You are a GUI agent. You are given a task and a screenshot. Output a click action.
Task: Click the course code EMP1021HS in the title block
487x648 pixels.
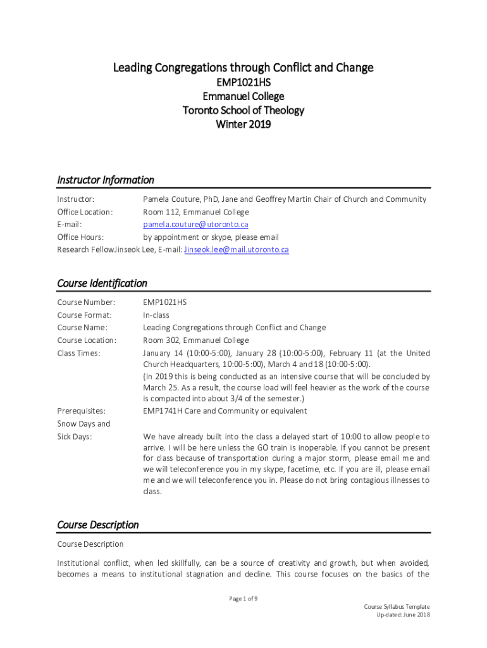coord(243,82)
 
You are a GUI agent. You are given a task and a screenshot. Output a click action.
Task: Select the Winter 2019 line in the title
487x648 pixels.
coord(243,125)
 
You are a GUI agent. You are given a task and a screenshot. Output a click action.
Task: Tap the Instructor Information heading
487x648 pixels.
coord(106,180)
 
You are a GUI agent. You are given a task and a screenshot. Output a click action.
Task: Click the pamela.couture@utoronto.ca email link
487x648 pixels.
coord(195,225)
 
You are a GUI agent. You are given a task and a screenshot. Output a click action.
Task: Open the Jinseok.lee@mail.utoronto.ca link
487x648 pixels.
coord(236,250)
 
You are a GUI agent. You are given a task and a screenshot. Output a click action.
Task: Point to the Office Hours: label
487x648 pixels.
coord(80,237)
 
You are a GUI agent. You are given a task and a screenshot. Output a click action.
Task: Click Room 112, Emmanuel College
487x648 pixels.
coord(196,212)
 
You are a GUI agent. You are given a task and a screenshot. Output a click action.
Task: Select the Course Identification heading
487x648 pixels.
coord(102,283)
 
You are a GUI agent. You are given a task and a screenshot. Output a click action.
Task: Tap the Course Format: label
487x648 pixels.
coord(84,315)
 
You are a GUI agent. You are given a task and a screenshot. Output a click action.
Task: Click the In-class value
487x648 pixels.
coord(156,315)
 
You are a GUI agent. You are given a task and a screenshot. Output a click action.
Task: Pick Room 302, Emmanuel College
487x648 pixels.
coord(196,340)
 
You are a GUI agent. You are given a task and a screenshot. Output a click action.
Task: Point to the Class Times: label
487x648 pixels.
coord(78,353)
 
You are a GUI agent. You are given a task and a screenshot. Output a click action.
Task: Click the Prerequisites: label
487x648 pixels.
coord(82,411)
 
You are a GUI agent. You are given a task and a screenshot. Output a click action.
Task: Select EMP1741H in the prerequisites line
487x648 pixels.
coord(162,411)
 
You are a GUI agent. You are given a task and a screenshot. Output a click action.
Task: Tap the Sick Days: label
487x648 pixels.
coord(75,437)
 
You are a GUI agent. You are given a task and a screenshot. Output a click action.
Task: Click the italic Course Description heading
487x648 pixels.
coord(98,525)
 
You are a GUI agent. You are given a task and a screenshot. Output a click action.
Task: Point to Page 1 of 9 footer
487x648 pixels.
coord(243,599)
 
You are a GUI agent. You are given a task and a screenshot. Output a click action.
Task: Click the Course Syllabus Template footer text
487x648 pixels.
coord(397,607)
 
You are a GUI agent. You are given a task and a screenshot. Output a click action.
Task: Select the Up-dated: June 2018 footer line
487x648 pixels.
coord(403,615)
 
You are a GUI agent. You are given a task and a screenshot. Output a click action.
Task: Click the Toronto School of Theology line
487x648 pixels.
coord(243,111)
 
